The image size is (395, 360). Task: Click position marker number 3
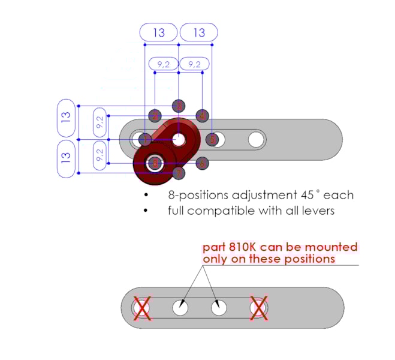click(x=178, y=106)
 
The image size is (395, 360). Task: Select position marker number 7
click(x=178, y=173)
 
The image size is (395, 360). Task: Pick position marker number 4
click(x=202, y=116)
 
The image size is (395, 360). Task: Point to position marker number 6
click(x=202, y=163)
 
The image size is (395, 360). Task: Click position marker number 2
click(x=155, y=116)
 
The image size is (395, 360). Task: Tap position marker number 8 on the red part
click(x=155, y=163)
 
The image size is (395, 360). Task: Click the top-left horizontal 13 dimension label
click(x=158, y=32)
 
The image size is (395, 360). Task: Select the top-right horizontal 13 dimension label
click(x=198, y=32)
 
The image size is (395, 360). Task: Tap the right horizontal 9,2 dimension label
click(x=194, y=64)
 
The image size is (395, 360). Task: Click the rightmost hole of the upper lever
click(x=256, y=140)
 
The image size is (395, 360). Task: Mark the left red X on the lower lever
click(x=142, y=308)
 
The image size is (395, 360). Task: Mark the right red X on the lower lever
click(x=258, y=308)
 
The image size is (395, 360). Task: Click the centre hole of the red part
click(x=179, y=139)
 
